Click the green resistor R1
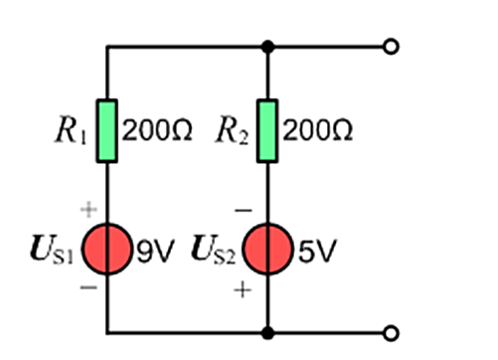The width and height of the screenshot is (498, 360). point(106,131)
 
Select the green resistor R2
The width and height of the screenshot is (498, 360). point(267,131)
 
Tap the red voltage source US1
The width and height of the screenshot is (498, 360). point(106,249)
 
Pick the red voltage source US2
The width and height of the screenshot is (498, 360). point(267,249)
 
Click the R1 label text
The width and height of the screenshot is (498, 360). point(72,129)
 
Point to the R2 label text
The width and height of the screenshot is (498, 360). point(232,129)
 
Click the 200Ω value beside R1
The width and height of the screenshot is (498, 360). point(157,130)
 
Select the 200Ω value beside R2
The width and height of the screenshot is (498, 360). point(318,130)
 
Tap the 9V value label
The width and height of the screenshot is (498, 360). point(155,251)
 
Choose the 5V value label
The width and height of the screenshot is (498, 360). point(317,251)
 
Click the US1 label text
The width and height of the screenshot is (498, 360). point(52,250)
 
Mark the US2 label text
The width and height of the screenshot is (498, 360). point(214,250)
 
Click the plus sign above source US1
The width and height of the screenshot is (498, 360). point(88,210)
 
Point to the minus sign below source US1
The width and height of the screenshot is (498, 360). point(88,287)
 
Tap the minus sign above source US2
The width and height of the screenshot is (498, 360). point(244,210)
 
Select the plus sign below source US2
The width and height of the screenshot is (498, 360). point(243,290)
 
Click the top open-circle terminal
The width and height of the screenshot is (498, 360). point(391,47)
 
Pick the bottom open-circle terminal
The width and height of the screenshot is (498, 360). point(391,333)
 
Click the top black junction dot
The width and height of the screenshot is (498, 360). point(267,47)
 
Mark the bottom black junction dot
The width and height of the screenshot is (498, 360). point(267,333)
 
